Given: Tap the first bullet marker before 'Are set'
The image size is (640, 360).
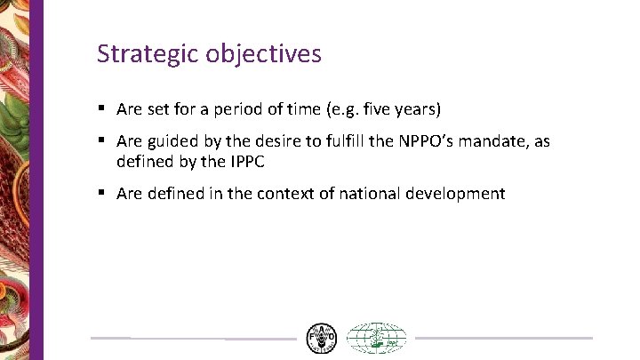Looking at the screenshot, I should (103, 109).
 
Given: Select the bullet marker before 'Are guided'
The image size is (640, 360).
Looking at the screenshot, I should (103, 140).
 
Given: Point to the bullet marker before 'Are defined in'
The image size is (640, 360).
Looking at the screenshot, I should (103, 193).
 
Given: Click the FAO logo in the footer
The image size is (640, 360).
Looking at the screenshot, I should (321, 338).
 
